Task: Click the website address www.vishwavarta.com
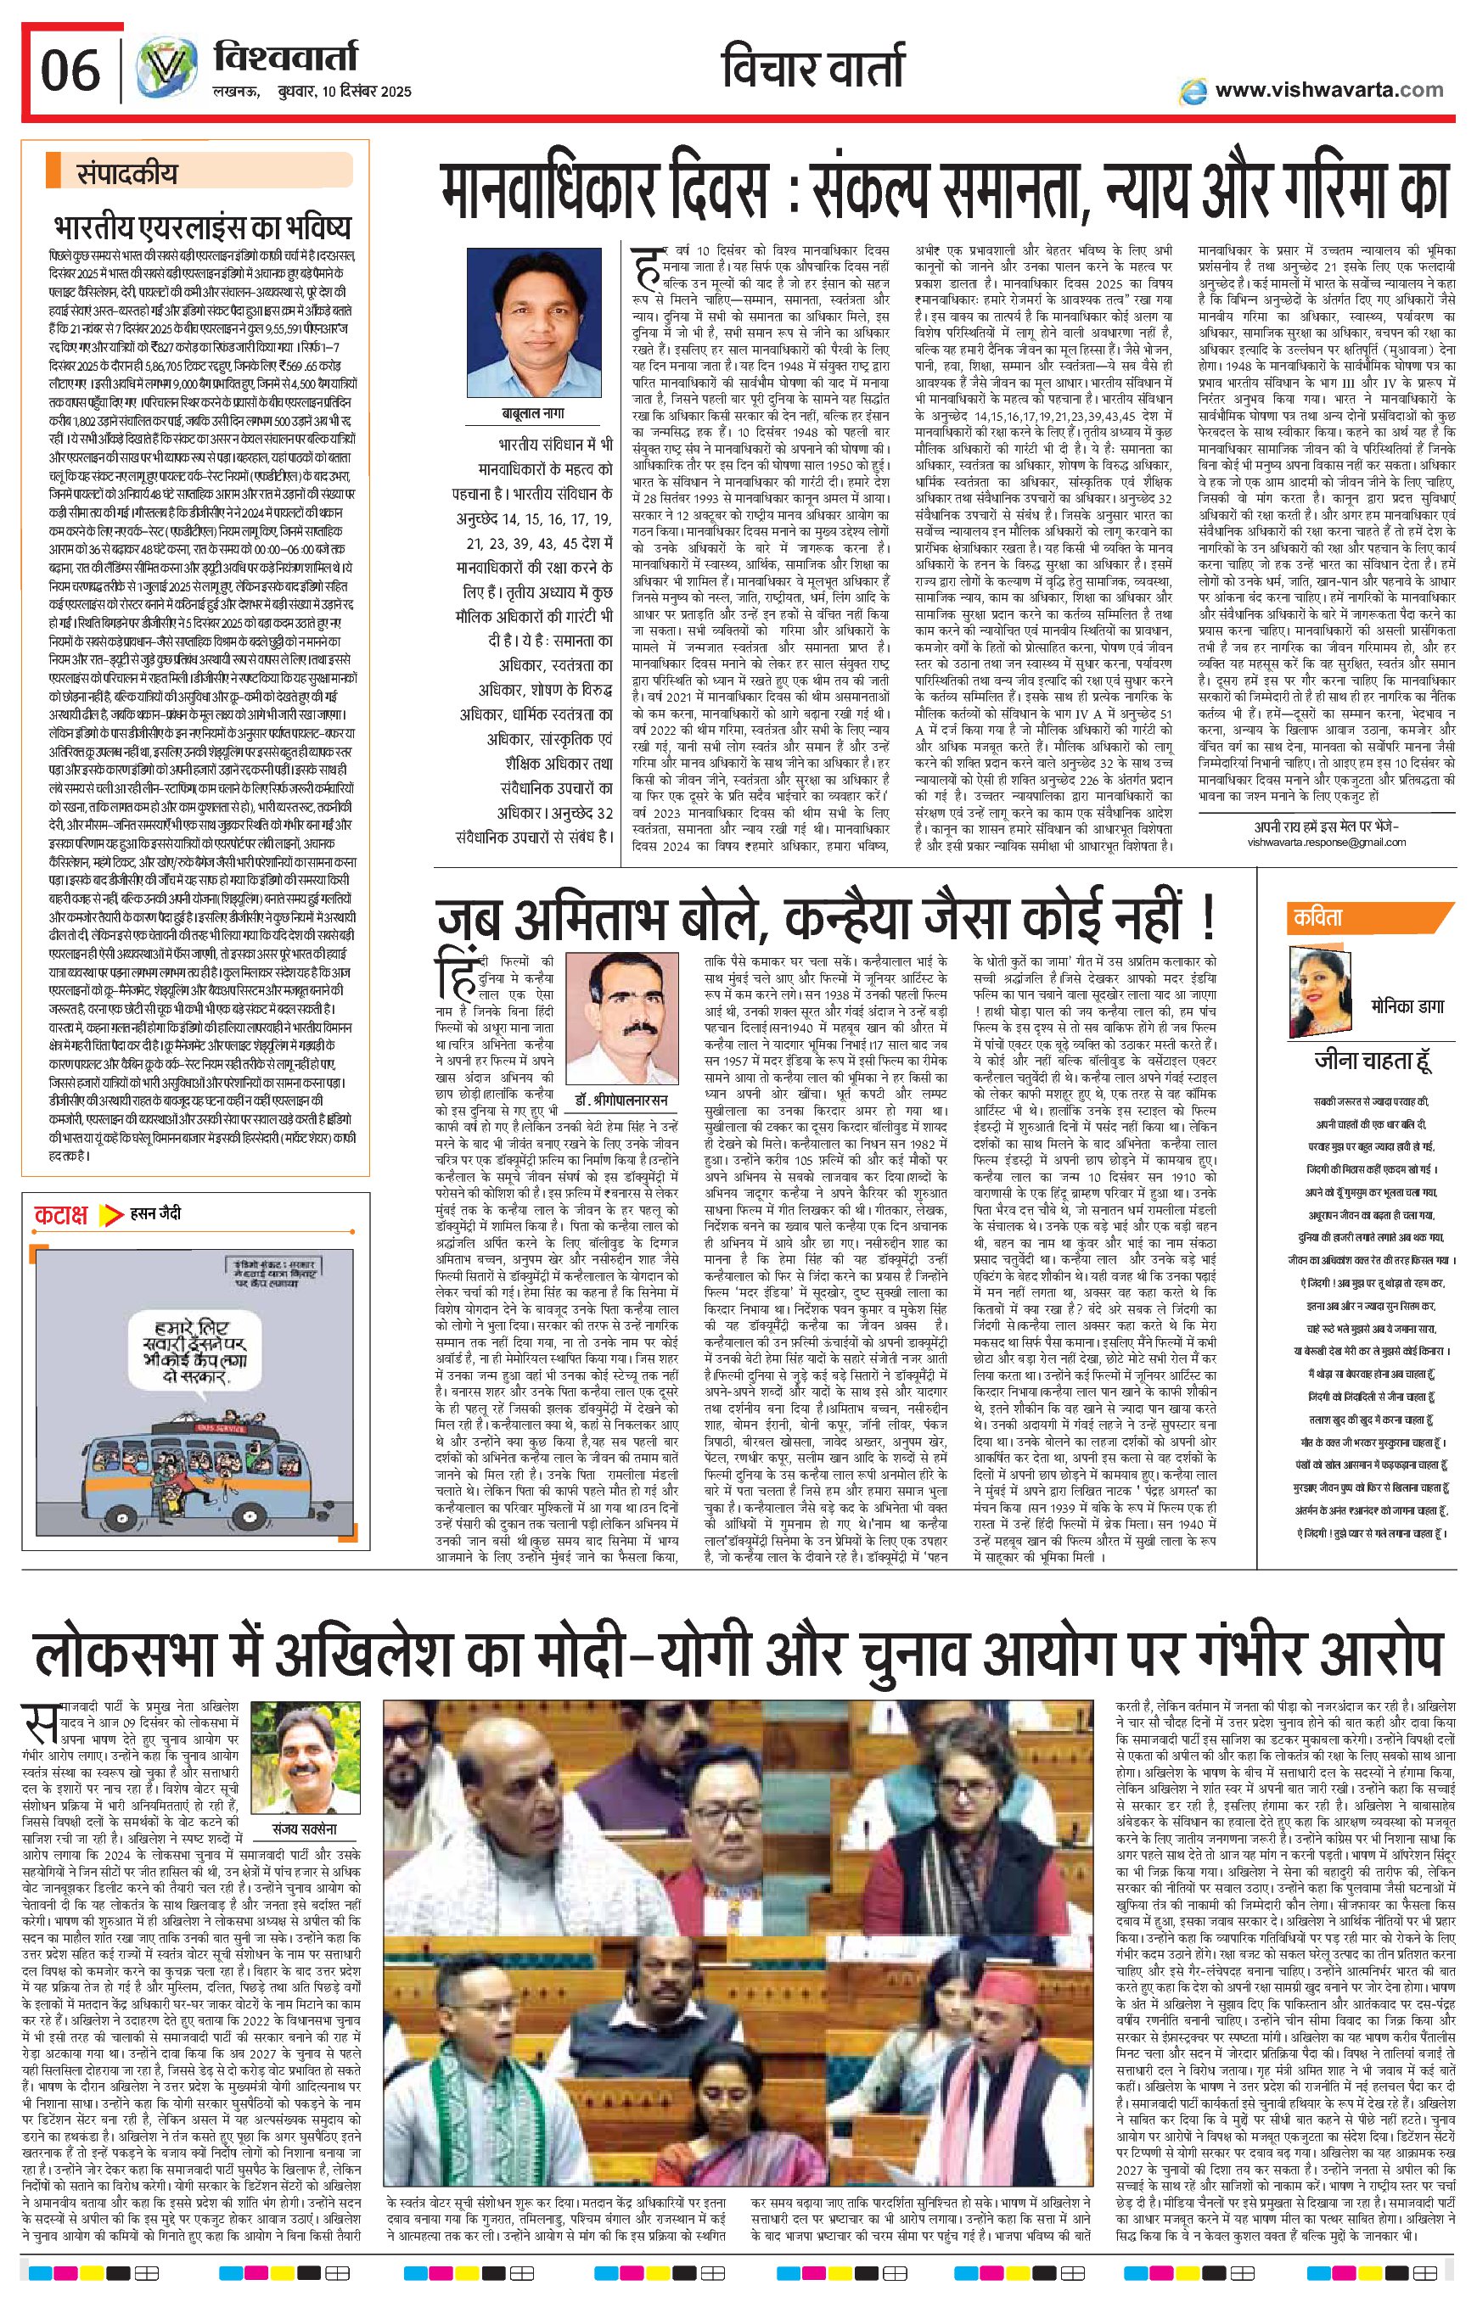click(x=1328, y=90)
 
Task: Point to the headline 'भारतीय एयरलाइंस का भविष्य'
click(x=202, y=228)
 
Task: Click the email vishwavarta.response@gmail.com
click(x=1327, y=842)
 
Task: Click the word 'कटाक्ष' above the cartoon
click(x=61, y=1215)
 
